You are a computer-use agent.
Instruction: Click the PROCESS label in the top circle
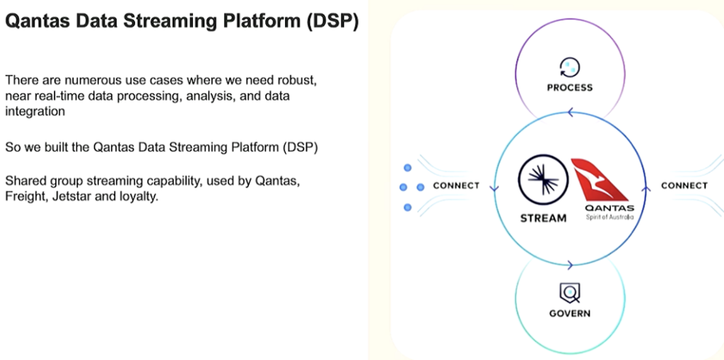coord(569,88)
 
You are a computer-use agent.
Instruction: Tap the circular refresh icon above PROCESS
coord(569,67)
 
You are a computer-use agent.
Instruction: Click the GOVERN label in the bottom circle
coord(569,313)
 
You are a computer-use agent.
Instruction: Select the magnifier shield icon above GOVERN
coord(569,291)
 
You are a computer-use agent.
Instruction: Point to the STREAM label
coord(543,219)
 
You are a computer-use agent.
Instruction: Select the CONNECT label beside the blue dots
coord(456,186)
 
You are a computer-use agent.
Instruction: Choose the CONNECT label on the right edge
coord(684,186)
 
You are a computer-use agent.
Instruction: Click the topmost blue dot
coord(407,168)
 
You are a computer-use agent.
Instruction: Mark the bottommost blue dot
coord(407,207)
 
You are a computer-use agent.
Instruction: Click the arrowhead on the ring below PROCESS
coord(569,111)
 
